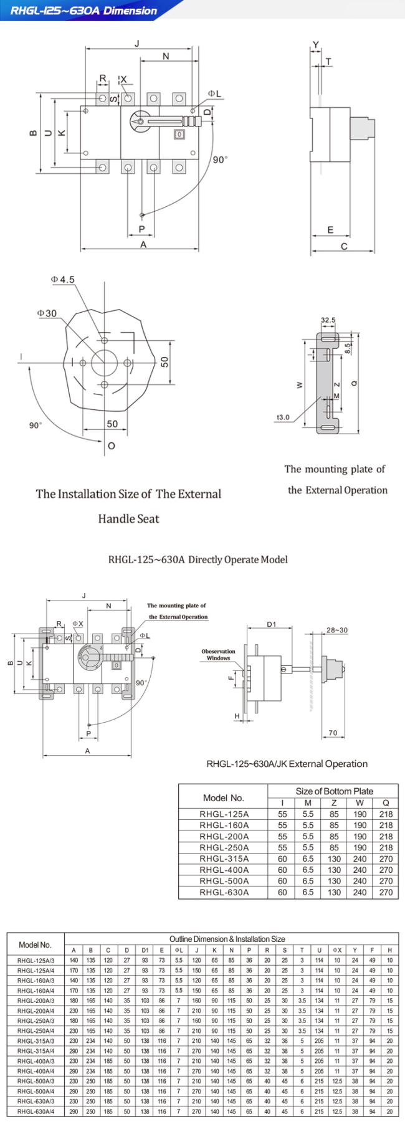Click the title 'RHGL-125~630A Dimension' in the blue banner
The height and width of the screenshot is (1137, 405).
tap(83, 10)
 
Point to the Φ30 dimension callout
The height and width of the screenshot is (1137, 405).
tap(47, 313)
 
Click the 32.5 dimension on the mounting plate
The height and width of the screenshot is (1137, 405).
tap(328, 320)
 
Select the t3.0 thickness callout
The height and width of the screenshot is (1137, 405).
tap(283, 417)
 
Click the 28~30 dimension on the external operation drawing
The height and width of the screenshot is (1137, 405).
tap(337, 630)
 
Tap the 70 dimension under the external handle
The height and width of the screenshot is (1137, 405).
tap(333, 733)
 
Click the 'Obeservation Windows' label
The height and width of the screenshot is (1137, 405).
tap(218, 655)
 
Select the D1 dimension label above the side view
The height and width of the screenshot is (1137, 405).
tap(271, 624)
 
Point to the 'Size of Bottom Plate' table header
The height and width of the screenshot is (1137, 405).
tap(334, 791)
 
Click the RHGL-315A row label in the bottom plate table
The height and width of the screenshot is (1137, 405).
tap(224, 859)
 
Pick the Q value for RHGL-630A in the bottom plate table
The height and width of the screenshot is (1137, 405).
tap(386, 892)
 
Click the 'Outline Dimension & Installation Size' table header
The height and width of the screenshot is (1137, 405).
tap(227, 938)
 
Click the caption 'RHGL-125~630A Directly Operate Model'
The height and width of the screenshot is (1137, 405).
tap(198, 559)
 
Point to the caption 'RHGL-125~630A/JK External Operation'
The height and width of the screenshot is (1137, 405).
tap(287, 764)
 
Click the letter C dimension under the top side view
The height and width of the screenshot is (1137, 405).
tap(344, 247)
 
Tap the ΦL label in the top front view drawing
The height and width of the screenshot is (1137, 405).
tap(214, 93)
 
